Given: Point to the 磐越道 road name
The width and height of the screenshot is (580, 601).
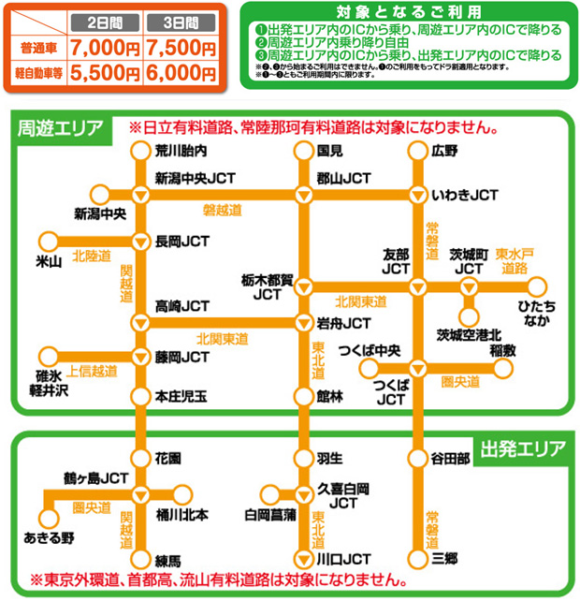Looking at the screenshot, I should (222, 209).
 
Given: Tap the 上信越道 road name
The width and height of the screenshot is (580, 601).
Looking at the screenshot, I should (93, 372).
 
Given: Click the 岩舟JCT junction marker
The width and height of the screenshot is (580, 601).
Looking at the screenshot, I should (303, 324).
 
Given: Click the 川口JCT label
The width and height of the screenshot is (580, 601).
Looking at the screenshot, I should (338, 559).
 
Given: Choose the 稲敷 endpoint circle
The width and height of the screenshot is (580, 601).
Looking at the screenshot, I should (503, 369).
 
